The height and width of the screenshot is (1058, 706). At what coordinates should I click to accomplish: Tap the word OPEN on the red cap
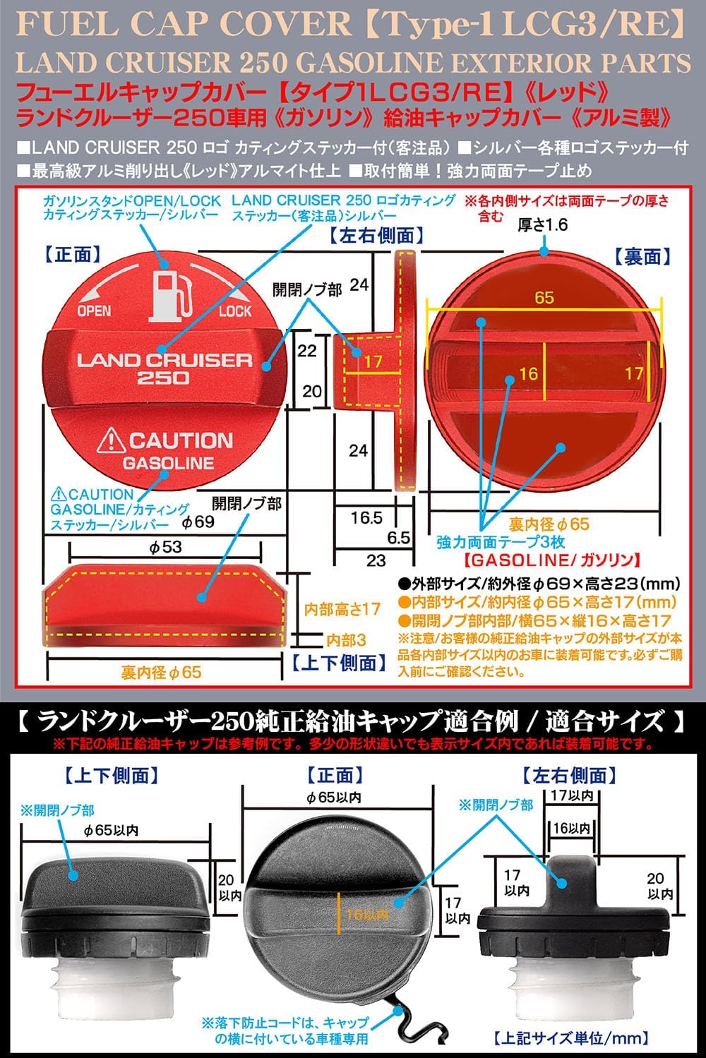coord(94,311)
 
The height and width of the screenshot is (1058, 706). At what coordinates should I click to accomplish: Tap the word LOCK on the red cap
coord(234,311)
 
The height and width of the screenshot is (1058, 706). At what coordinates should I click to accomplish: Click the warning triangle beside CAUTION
coord(110,441)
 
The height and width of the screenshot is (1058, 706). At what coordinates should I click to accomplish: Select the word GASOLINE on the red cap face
coord(168,463)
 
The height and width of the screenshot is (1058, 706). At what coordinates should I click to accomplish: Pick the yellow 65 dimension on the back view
coord(544,298)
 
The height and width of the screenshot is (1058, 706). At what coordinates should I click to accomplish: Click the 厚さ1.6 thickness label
coord(543,225)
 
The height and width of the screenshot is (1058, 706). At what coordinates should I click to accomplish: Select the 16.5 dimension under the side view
coord(366,517)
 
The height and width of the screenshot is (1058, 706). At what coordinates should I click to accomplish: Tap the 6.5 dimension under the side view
coord(398,537)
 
